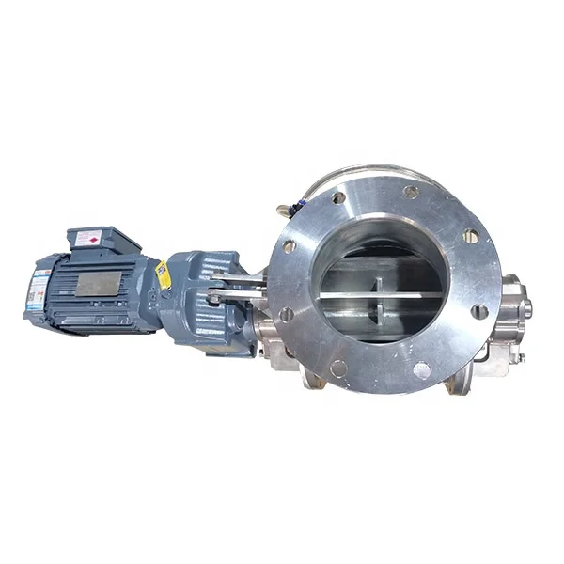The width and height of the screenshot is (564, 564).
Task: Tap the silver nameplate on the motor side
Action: pyautogui.click(x=97, y=283)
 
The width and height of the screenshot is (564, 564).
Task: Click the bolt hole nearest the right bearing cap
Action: pyautogui.click(x=480, y=310)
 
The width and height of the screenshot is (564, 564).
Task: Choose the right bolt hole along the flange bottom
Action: pyautogui.click(x=420, y=368)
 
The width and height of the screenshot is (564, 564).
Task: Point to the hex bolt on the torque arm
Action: pyautogui.click(x=216, y=299)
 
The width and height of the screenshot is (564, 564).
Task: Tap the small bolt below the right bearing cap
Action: pyautogui.click(x=515, y=356)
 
